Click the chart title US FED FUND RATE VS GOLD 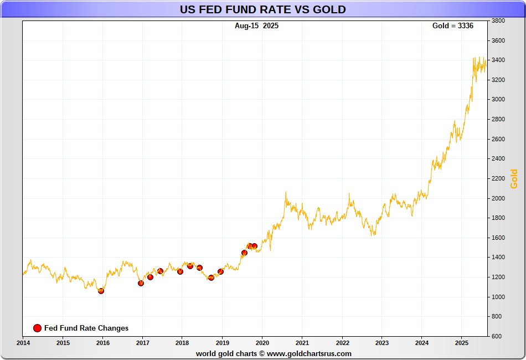coord(262,9)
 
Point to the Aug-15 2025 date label coord(256,26)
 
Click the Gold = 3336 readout coord(452,26)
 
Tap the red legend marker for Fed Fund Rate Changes coord(37,328)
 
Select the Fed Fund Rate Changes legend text coord(86,328)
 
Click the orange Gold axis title coord(514,179)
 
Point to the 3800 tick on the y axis coord(498,21)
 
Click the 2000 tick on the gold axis coord(498,198)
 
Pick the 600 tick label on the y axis coord(496,336)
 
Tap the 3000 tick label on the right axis coord(498,100)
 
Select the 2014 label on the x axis coord(23,343)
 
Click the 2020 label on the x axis coord(262,343)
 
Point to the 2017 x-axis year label coord(142,343)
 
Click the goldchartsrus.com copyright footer coord(274,353)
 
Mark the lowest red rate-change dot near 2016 coord(101,291)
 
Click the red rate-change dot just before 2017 coord(141,283)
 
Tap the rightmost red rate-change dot coord(254,246)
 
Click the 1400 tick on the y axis coord(498,258)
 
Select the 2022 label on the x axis coord(342,343)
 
